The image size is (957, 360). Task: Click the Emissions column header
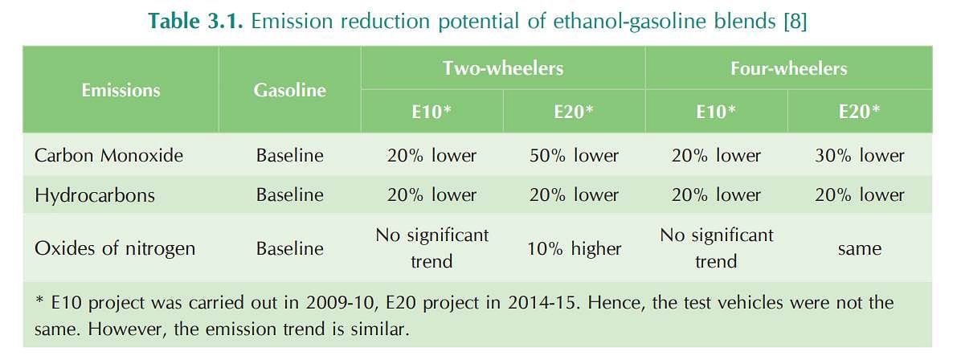point(121,90)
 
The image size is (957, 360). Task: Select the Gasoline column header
point(289,90)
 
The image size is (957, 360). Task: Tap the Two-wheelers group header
point(503,67)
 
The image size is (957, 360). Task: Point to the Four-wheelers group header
point(788,67)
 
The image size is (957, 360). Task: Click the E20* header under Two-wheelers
point(574,112)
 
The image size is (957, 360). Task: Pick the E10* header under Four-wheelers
point(716,112)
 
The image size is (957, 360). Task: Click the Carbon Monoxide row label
point(108,156)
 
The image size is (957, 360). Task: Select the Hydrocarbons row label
point(95,195)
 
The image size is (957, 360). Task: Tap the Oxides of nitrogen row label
point(115,248)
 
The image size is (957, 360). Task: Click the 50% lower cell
point(574,156)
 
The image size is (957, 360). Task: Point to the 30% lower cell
point(859,156)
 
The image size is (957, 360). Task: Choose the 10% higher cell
point(574,248)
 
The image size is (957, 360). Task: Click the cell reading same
point(859,249)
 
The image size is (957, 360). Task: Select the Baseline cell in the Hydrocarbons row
point(289,195)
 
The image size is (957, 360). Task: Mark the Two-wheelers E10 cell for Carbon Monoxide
point(431,156)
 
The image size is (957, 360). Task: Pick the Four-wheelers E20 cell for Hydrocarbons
point(859,195)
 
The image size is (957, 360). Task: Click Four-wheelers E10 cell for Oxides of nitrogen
point(716,248)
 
